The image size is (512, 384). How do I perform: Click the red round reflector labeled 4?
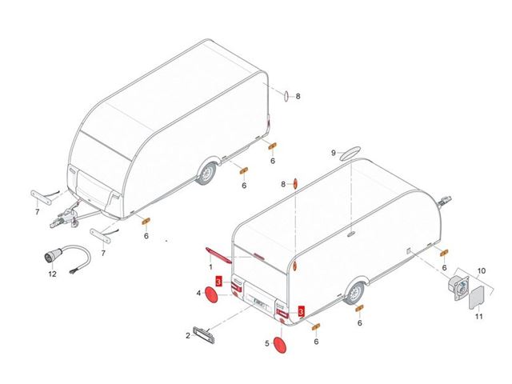click(211, 295)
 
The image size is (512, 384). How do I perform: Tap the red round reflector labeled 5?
click(280, 345)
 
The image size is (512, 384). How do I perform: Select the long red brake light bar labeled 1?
click(218, 255)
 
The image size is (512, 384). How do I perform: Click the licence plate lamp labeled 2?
click(204, 335)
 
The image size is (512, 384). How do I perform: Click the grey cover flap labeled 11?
click(477, 298)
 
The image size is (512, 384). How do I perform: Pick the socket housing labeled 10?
click(458, 286)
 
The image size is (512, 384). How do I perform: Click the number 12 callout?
click(52, 274)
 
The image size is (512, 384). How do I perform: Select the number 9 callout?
click(334, 153)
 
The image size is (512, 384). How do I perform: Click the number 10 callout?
click(482, 270)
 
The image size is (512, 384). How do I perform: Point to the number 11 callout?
click(478, 316)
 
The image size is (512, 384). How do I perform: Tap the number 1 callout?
click(210, 267)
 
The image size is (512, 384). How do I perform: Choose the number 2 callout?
click(188, 336)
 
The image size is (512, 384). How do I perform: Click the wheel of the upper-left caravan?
click(206, 172)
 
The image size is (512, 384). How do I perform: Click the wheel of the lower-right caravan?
click(354, 292)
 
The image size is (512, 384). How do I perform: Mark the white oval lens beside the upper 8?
click(286, 95)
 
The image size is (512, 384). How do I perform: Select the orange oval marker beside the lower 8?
click(295, 184)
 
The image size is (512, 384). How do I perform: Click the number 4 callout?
click(198, 294)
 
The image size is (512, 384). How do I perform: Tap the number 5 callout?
click(267, 343)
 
